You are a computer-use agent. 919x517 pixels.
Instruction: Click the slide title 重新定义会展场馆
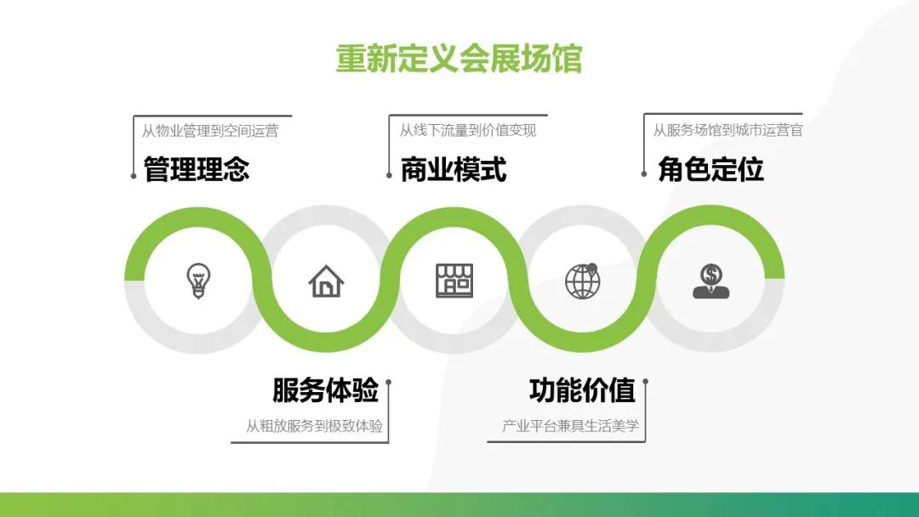pos(459,59)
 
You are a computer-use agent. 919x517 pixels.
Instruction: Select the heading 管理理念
pos(197,169)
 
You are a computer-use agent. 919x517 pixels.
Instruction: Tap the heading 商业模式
pos(453,170)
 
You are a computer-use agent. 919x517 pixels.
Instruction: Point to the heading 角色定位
pos(711,169)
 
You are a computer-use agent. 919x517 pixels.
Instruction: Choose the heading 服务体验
pos(325,390)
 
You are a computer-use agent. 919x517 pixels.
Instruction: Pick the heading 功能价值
pos(582,390)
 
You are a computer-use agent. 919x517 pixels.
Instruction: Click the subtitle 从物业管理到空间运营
pos(210,131)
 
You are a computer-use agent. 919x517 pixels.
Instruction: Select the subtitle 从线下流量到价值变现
pos(468,130)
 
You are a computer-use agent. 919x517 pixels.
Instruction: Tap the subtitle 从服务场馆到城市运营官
pos(728,130)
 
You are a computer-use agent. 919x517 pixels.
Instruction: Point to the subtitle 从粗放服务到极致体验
pos(314,426)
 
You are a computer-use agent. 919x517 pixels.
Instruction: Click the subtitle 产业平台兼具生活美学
pos(570,426)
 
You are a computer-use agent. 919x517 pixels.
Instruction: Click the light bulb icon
pos(198,281)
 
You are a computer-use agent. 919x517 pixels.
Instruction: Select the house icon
pos(326,281)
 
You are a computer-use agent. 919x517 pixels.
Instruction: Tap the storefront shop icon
pos(454,281)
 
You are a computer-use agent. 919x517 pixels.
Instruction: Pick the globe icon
pos(583,281)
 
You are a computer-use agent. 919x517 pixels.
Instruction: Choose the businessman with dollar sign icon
pos(711,281)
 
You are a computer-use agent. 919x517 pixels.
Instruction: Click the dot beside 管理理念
pos(134,176)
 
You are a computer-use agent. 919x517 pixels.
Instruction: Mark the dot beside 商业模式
pos(389,175)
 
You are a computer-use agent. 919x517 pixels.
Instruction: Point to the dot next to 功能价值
pos(645,382)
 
